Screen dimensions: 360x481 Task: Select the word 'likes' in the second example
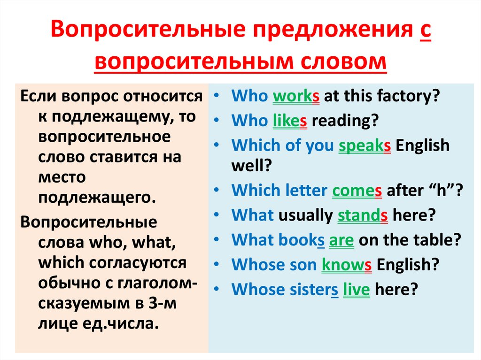pyautogui.click(x=290, y=121)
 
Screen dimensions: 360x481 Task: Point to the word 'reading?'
pyautogui.click(x=345, y=121)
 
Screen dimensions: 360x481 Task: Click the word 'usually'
pyautogui.click(x=306, y=215)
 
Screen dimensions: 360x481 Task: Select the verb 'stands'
pyautogui.click(x=362, y=215)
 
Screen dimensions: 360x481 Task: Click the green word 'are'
pyautogui.click(x=341, y=240)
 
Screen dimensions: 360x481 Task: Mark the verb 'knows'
pyautogui.click(x=347, y=264)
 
